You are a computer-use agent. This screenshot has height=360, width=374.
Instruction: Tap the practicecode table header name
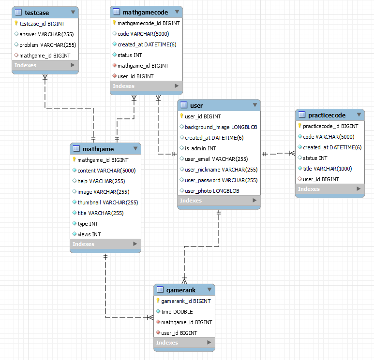[x=327, y=115]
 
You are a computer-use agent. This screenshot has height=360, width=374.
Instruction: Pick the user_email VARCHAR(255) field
[x=216, y=159]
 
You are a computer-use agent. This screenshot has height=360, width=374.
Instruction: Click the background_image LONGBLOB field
[x=221, y=127]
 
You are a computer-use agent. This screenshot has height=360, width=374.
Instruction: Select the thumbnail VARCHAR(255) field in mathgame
[x=107, y=202]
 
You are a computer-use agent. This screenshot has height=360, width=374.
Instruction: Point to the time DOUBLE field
[x=177, y=312]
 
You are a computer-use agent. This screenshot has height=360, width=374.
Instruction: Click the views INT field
[x=89, y=234]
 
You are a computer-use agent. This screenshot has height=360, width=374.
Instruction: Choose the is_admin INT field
[x=200, y=148]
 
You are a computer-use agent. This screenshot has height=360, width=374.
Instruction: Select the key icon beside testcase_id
[x=16, y=23]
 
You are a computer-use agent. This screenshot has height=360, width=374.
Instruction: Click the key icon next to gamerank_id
[x=158, y=301]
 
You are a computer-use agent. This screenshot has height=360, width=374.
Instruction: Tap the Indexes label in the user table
[x=191, y=201]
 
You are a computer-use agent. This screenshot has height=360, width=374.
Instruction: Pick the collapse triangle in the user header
[x=254, y=105]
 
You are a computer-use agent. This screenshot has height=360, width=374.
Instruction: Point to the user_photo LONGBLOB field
[x=212, y=191]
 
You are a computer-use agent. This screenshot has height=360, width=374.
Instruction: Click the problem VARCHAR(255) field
[x=47, y=44]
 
